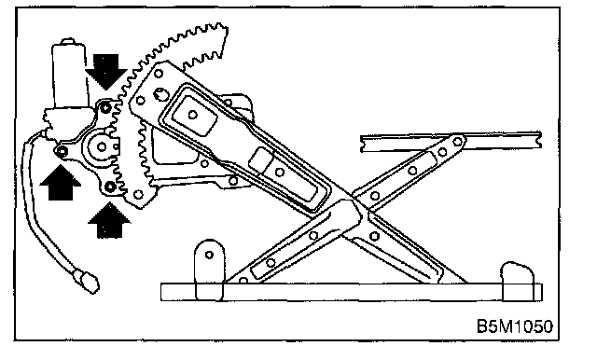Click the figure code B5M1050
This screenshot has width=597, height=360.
tap(514, 326)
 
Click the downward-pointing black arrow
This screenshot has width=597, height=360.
tap(105, 72)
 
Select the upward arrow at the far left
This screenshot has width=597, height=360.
tap(60, 182)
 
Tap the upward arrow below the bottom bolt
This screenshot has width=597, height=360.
tap(109, 220)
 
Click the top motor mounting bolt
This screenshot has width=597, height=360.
tap(105, 107)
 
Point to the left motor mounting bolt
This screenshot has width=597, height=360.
tap(62, 152)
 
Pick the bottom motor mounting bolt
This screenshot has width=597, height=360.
tap(110, 187)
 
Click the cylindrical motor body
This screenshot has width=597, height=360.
tap(69, 75)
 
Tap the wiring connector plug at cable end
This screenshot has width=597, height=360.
tap(88, 282)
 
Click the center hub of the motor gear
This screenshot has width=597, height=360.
tap(102, 146)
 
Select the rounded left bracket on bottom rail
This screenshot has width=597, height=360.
tap(209, 270)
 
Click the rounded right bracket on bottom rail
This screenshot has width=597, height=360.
tap(519, 281)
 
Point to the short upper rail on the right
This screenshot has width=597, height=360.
tap(451, 141)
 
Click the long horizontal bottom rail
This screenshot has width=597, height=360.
tap(351, 292)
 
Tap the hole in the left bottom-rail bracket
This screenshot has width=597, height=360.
tap(209, 255)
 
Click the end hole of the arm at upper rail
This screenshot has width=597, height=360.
tap(458, 142)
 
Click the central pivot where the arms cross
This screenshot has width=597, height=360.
tap(361, 212)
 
